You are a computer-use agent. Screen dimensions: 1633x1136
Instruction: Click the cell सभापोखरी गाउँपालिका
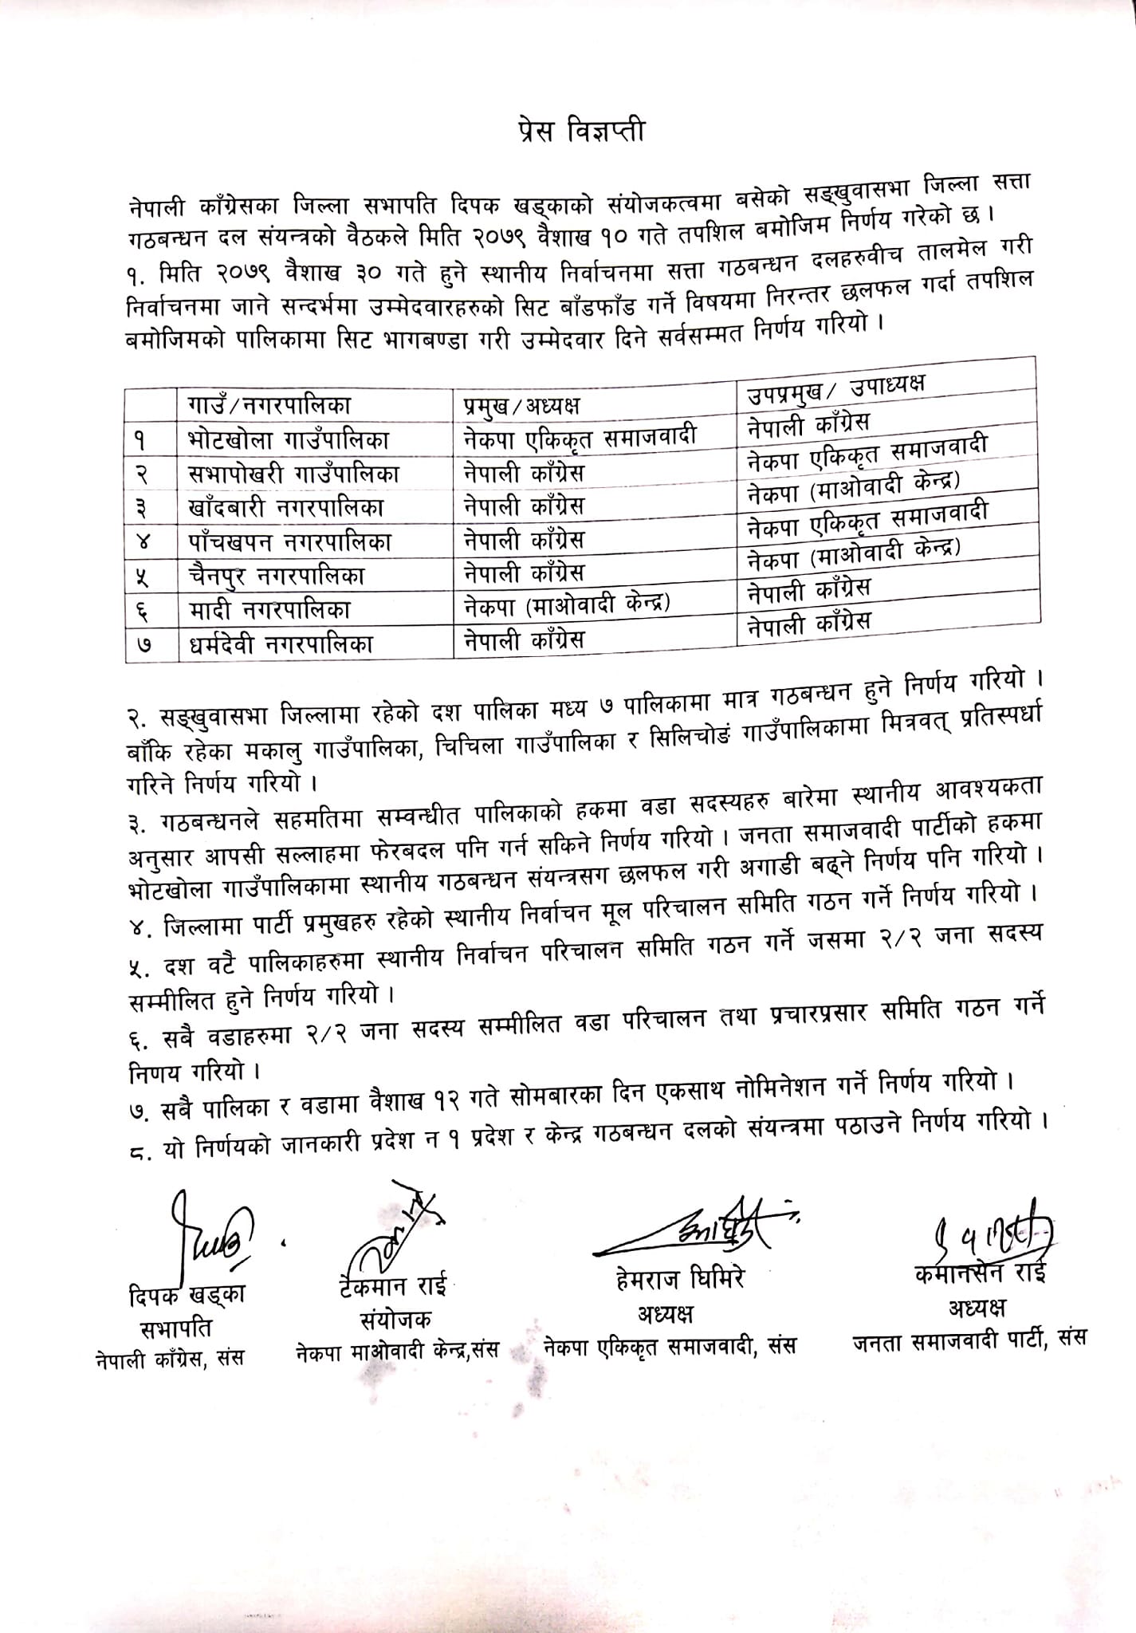pyautogui.click(x=293, y=474)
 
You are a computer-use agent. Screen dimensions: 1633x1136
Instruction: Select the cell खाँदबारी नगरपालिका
pyautogui.click(x=286, y=507)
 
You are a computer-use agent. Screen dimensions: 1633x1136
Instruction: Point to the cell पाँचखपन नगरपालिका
pyautogui.click(x=289, y=541)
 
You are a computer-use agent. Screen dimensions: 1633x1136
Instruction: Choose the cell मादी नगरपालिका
pyautogui.click(x=269, y=610)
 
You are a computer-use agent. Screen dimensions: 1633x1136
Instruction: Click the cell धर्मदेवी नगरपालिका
pyautogui.click(x=281, y=644)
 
